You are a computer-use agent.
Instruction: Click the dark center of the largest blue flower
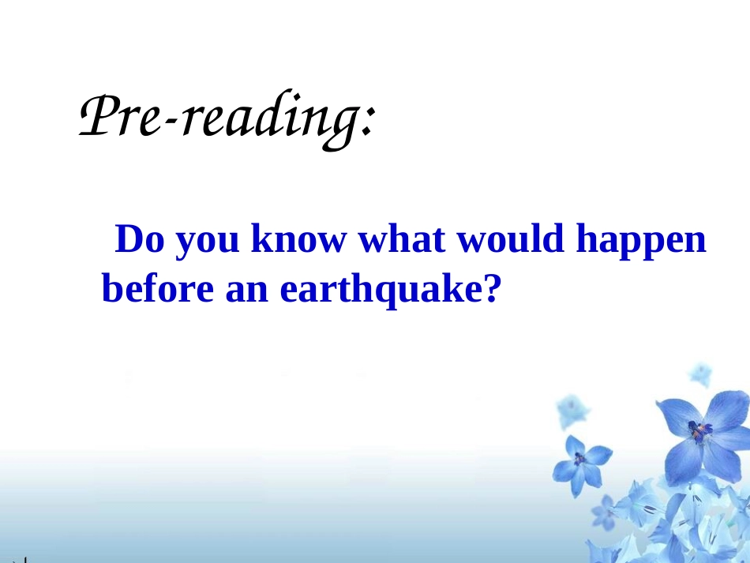pyautogui.click(x=698, y=432)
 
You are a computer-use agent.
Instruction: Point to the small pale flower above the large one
pyautogui.click(x=699, y=373)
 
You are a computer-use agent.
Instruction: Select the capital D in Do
pyautogui.click(x=129, y=240)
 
